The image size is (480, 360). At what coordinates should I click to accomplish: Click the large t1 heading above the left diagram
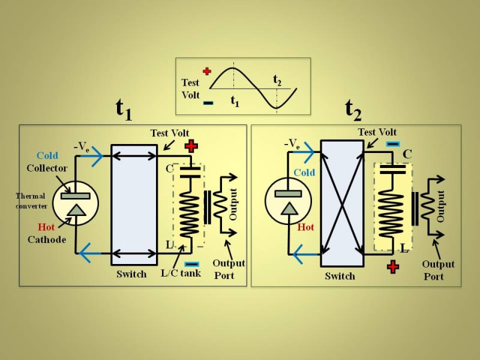click(x=124, y=109)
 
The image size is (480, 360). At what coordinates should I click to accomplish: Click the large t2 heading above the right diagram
click(x=353, y=109)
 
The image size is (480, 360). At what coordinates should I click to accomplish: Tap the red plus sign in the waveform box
click(x=207, y=71)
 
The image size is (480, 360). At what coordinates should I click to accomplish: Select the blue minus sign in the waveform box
click(x=208, y=103)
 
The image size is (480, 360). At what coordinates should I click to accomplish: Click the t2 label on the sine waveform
click(x=277, y=79)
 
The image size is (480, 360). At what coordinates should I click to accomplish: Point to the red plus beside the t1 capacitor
click(x=191, y=146)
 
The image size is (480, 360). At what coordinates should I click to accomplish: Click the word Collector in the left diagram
click(x=47, y=169)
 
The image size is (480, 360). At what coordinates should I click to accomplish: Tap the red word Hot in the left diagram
click(x=46, y=227)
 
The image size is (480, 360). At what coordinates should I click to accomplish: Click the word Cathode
click(x=47, y=239)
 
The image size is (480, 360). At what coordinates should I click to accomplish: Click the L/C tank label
click(x=180, y=274)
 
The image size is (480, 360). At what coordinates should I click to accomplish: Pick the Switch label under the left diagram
click(x=131, y=274)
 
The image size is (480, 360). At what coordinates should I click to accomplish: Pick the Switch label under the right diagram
click(x=340, y=276)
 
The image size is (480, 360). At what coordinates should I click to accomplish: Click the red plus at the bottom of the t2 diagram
click(x=393, y=267)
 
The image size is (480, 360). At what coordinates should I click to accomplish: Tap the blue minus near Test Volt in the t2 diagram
click(x=393, y=144)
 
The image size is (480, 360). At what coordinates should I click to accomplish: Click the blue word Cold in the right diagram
click(x=304, y=173)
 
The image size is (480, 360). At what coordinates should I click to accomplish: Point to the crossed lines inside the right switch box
click(x=342, y=203)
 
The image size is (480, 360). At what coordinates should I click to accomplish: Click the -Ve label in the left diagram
click(x=82, y=146)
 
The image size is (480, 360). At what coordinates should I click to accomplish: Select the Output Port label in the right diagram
click(x=438, y=270)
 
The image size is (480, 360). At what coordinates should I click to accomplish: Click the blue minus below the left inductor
click(x=192, y=264)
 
